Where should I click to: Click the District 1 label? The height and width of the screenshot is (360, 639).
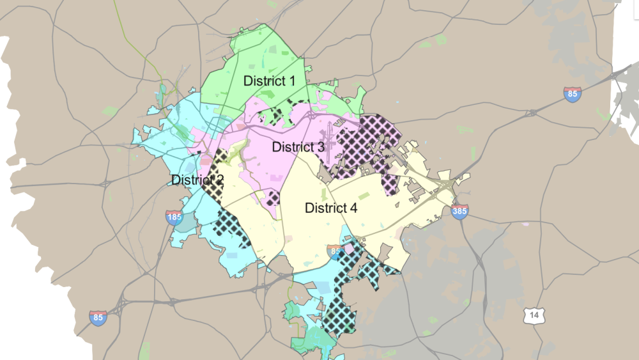[269, 81]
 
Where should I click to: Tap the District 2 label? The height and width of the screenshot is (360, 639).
[197, 180]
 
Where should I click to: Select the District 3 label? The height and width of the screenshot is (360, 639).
[298, 146]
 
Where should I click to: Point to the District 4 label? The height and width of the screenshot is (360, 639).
[331, 208]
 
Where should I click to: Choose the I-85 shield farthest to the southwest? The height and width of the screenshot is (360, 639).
[98, 318]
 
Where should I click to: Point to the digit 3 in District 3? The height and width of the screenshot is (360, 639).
[320, 146]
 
